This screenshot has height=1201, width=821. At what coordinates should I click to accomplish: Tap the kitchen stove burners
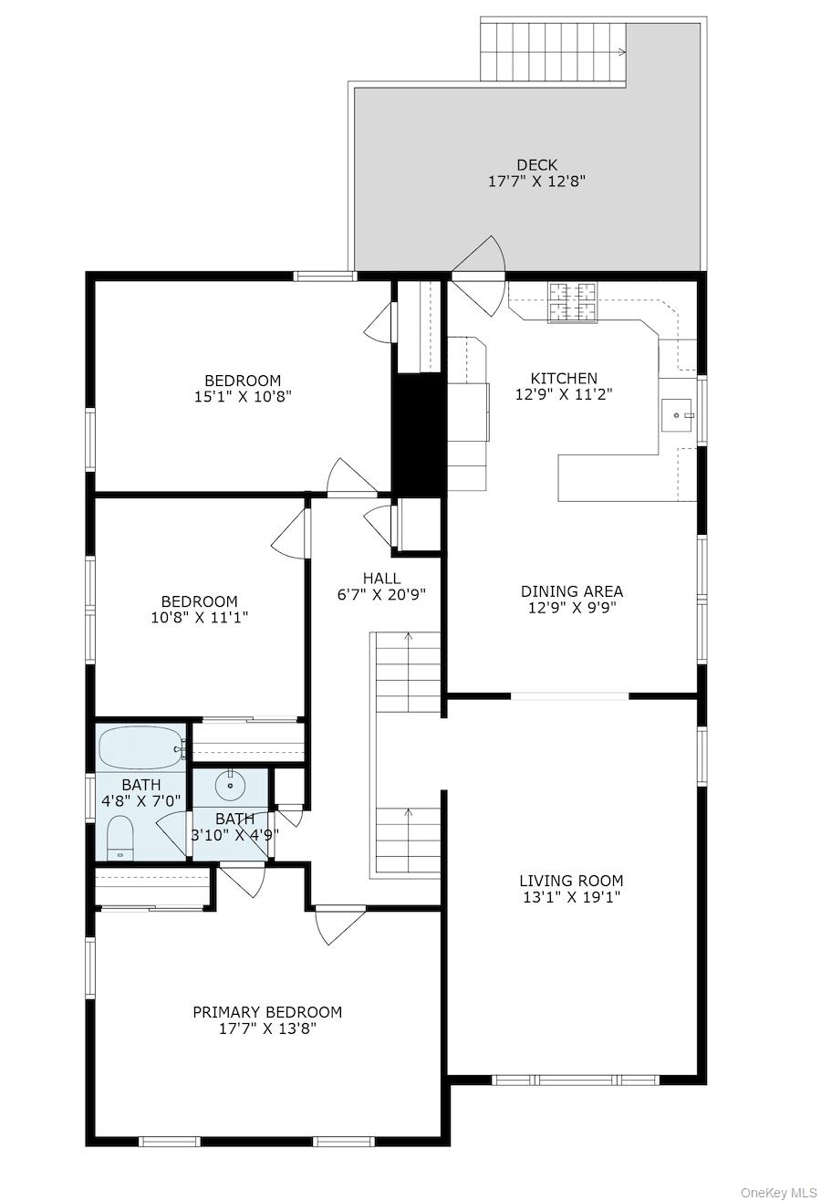point(572,302)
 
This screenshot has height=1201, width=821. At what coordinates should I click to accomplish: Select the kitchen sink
point(677,416)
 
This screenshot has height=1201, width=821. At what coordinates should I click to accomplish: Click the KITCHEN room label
point(564,378)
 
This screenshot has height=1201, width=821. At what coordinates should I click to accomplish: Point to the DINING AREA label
point(572,591)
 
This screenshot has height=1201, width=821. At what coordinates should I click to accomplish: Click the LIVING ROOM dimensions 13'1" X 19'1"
point(571,897)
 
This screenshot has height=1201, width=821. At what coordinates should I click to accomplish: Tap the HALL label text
point(381,579)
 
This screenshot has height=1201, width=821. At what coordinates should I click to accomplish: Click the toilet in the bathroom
point(120,837)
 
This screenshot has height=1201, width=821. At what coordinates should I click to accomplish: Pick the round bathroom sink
point(229,784)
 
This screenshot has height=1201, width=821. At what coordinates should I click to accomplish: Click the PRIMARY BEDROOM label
point(267,1012)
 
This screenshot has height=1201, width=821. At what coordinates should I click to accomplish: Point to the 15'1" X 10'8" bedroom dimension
point(243,396)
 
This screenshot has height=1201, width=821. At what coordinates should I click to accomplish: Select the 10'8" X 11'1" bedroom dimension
point(200,618)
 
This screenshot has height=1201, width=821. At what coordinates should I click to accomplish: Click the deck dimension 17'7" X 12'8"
point(536,182)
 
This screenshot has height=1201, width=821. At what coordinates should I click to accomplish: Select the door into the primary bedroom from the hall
point(340,924)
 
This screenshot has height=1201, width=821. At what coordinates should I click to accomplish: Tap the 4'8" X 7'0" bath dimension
point(141,801)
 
